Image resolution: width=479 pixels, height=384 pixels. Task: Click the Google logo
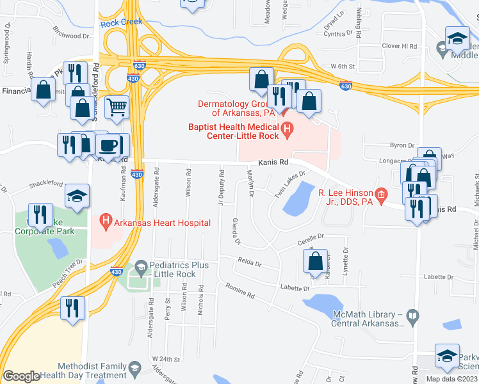point(21,376)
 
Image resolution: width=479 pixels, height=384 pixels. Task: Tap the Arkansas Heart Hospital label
point(162,223)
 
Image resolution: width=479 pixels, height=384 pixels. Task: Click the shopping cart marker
point(117,108)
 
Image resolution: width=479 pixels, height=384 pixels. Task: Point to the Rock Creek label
point(120,23)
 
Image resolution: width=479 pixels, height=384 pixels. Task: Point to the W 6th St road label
point(342,67)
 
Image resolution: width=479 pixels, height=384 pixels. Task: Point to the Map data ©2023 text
point(451,379)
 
